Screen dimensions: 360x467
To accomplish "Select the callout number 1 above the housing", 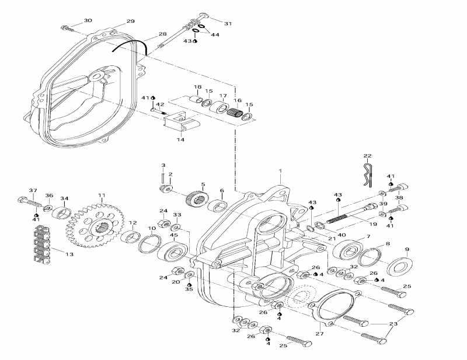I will [x=280, y=172].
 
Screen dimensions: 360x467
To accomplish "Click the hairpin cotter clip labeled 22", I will [x=367, y=174].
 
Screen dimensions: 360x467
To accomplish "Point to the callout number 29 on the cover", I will [x=130, y=22].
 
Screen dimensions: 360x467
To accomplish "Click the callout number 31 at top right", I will [x=228, y=24].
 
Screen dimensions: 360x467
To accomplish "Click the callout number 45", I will [x=173, y=235].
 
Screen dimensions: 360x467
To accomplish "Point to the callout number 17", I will [x=223, y=96].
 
